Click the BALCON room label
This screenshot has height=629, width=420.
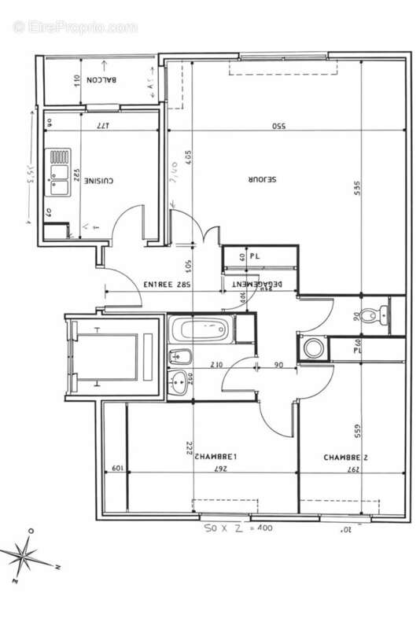coord(104,79)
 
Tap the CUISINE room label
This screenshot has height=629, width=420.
coord(99,180)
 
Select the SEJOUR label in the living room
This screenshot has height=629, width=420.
coord(263,179)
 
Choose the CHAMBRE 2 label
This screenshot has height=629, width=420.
coord(346,457)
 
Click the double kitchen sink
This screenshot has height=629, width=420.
coord(58,172)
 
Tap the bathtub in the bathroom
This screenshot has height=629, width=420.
coord(201,328)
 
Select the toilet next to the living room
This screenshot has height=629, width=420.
coord(382,312)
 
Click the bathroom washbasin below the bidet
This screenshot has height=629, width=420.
coord(180,382)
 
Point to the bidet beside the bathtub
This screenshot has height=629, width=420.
coord(179,356)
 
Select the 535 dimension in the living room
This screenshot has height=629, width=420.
coord(356,189)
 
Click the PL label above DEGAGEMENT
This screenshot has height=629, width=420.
coord(255,256)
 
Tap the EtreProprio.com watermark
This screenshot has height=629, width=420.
coord(75,27)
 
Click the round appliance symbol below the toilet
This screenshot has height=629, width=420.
coord(311,347)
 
